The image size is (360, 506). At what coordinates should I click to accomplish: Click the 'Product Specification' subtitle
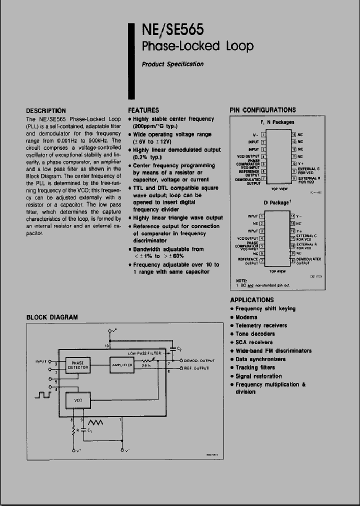tap(172, 64)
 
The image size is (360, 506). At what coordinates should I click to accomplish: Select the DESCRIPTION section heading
tap(45, 110)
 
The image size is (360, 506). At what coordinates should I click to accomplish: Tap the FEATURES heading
tap(143, 110)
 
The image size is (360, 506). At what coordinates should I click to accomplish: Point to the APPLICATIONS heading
tap(252, 300)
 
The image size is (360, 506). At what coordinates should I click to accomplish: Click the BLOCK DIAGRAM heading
tap(52, 317)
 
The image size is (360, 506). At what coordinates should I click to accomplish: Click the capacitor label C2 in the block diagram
tap(179, 349)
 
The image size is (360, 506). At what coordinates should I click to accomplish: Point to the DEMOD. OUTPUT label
tap(199, 360)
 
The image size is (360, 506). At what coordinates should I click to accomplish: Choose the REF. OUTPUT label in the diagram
tap(196, 368)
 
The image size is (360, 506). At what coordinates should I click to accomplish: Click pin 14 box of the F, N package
tap(293, 134)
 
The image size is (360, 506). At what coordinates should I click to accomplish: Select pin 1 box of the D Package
tap(262, 216)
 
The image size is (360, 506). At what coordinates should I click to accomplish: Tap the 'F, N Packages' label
tap(277, 122)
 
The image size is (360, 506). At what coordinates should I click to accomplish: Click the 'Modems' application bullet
tap(246, 317)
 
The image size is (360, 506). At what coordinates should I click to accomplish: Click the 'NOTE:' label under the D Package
tap(242, 280)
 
